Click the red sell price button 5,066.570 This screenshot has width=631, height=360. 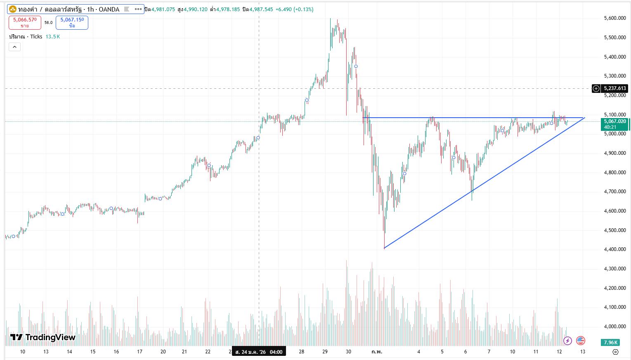click(x=25, y=22)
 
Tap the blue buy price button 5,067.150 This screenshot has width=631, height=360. click(x=72, y=22)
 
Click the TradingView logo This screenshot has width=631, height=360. click(x=43, y=337)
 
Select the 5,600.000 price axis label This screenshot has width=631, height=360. click(x=614, y=18)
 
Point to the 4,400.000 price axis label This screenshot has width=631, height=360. click(x=614, y=249)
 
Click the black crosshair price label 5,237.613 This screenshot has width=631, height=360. click(x=614, y=88)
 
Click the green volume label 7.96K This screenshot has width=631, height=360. click(x=610, y=343)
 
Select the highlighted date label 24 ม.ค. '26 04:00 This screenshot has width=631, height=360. click(x=259, y=352)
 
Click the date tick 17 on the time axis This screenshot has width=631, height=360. click(x=140, y=352)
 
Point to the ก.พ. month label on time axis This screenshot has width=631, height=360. click(x=377, y=352)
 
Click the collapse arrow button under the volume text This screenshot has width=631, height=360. click(x=14, y=47)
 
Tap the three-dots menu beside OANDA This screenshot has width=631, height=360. click(x=138, y=9)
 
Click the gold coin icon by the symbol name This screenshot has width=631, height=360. click(x=13, y=9)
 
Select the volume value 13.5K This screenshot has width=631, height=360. click(x=53, y=37)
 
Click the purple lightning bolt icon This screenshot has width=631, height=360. click(x=568, y=341)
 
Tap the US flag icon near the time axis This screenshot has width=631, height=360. click(x=581, y=341)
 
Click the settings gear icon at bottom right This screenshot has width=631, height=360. click(x=615, y=352)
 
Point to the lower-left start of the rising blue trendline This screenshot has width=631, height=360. click(x=384, y=248)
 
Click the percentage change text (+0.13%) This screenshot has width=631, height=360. click(x=303, y=9)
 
